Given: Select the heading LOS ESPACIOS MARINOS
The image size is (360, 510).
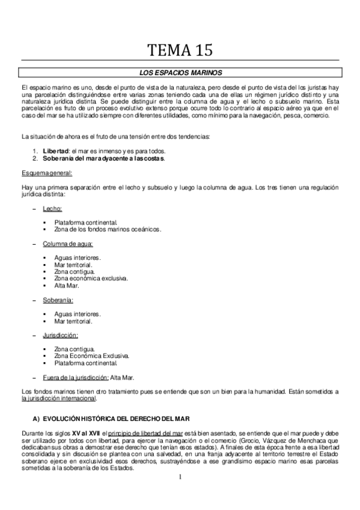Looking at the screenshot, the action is point(180,73).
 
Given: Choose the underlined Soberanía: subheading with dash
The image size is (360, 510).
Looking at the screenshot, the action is point(58,300).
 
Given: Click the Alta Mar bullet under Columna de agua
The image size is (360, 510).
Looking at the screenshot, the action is point(67,286).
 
